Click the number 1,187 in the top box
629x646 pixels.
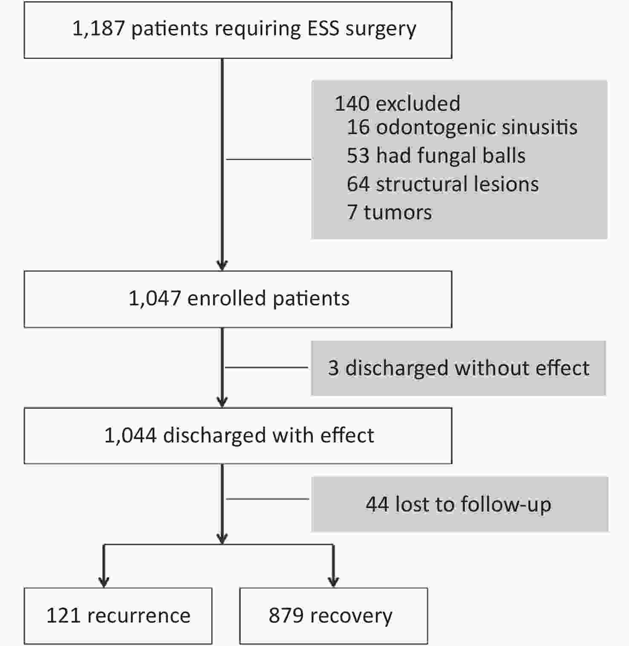[98, 29]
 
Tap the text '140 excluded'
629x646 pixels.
[397, 103]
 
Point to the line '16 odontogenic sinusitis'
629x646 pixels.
[462, 127]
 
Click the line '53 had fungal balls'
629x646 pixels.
[436, 155]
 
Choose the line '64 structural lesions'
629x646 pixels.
[443, 184]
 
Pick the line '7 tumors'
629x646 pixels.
[390, 212]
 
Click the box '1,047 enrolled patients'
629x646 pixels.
[238, 299]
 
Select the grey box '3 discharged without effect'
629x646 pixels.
[459, 368]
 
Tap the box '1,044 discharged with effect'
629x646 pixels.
[238, 436]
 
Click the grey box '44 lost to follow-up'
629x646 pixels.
[459, 504]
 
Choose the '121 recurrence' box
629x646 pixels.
[118, 616]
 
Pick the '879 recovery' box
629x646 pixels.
[334, 616]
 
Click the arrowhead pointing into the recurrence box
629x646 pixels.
[104, 582]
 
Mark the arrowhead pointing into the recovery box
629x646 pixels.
[334, 582]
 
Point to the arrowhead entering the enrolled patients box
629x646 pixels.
[222, 265]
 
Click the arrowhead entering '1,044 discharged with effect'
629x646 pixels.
[222, 402]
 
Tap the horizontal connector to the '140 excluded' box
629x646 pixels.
[268, 159]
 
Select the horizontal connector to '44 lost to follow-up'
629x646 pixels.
[268, 499]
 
